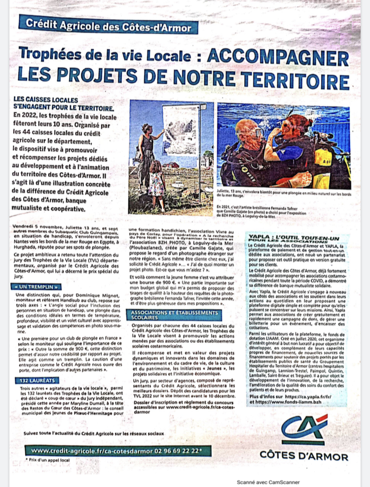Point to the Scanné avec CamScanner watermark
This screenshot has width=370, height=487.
(268, 482)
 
